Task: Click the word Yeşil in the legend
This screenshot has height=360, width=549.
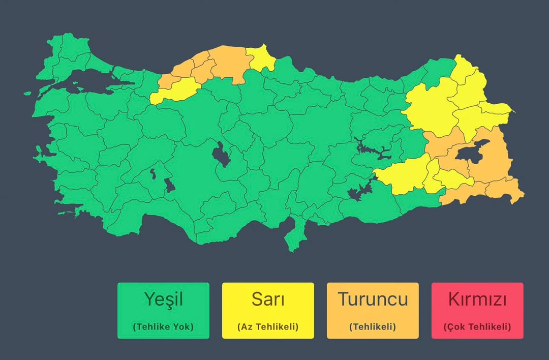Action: pyautogui.click(x=163, y=299)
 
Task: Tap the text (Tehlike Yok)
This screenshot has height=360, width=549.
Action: pyautogui.click(x=163, y=327)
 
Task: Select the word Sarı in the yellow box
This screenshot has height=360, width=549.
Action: pyautogui.click(x=268, y=299)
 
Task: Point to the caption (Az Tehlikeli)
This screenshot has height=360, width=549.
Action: pyautogui.click(x=268, y=327)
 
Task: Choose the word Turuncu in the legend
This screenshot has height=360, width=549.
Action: pyautogui.click(x=373, y=299)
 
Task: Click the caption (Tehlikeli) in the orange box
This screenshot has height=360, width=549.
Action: pyautogui.click(x=373, y=327)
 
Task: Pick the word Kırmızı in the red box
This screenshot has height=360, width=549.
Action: pyautogui.click(x=477, y=299)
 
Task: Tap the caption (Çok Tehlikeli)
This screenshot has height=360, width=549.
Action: pyautogui.click(x=477, y=327)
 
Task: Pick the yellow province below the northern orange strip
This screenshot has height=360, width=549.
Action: pyautogui.click(x=175, y=90)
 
